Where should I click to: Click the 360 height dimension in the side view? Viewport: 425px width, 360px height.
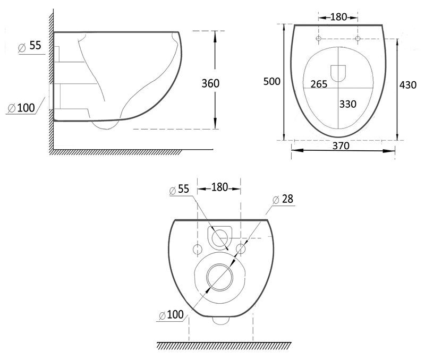coord(210,83)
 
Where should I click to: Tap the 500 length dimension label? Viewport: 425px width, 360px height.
coord(271,81)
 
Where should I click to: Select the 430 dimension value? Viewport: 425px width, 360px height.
coord(407,85)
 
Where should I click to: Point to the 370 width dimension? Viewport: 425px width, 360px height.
coord(341,145)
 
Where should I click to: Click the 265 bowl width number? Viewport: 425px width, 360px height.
coord(319,84)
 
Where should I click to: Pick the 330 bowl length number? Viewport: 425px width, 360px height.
coord(348,104)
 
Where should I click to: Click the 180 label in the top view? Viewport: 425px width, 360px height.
coord(338,17)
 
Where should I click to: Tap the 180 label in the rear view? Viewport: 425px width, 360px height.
coord(219,187)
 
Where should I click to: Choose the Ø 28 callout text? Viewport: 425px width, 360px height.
coord(283,199)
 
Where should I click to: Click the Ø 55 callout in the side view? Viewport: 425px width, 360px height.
coord(30,46)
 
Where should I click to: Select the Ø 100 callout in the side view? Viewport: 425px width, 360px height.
coord(21,108)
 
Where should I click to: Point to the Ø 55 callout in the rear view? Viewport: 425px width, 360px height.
coord(179,189)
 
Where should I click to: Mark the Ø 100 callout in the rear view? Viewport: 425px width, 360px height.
coord(171,315)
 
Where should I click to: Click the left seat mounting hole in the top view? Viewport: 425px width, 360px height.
coord(319,38)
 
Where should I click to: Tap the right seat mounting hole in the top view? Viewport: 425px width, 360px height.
coord(358,38)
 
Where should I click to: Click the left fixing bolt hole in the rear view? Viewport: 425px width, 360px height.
coord(197,249)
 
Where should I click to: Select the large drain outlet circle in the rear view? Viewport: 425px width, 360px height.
coord(219,277)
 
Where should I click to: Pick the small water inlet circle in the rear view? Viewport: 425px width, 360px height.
coord(220,238)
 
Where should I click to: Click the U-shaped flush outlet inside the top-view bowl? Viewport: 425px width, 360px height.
coord(338,73)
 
